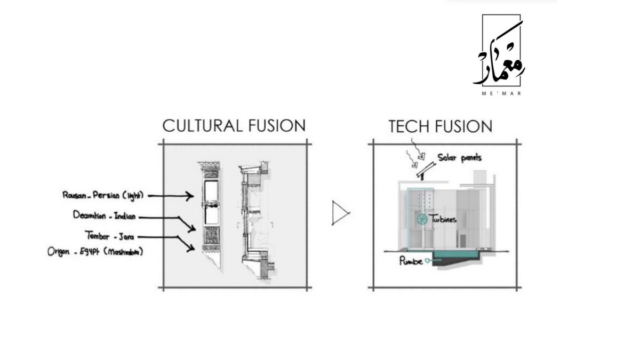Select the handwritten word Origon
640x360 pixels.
[59, 252]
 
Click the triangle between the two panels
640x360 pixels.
[340, 213]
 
